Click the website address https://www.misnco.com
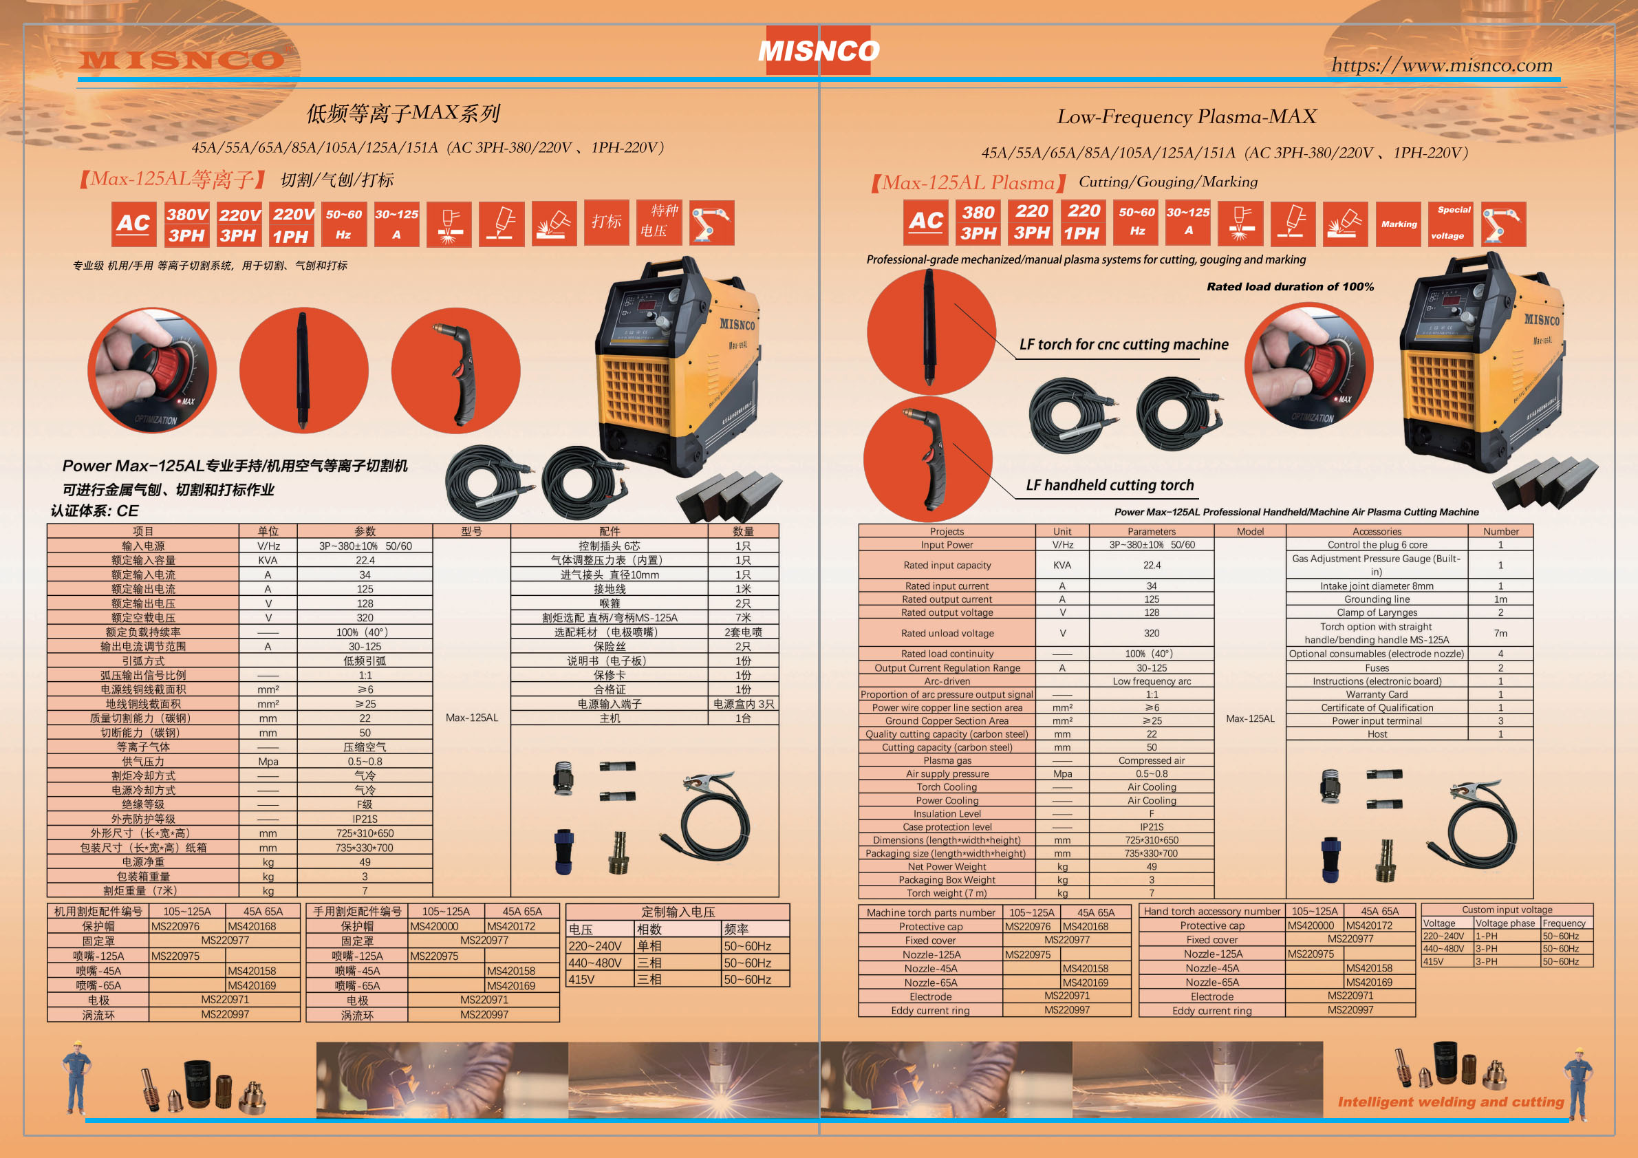coord(1442,65)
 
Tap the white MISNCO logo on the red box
coord(818,51)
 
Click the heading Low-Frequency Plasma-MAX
coord(1187,116)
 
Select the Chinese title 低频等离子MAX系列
coord(403,113)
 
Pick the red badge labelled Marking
coord(1399,224)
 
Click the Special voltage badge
coord(1450,224)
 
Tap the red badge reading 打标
coord(606,222)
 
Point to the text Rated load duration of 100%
coord(1290,287)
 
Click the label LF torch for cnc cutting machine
coord(1123,345)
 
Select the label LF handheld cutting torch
coord(1110,485)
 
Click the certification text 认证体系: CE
coord(94,511)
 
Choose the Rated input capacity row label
coord(947,565)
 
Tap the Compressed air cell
coord(1152,760)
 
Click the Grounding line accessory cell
coord(1377,599)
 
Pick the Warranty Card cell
coord(1377,694)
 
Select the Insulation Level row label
coord(947,813)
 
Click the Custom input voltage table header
coord(1507,910)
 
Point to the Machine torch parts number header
coord(930,912)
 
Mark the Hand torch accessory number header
coord(1212,911)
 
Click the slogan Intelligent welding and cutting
coord(1450,1102)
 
